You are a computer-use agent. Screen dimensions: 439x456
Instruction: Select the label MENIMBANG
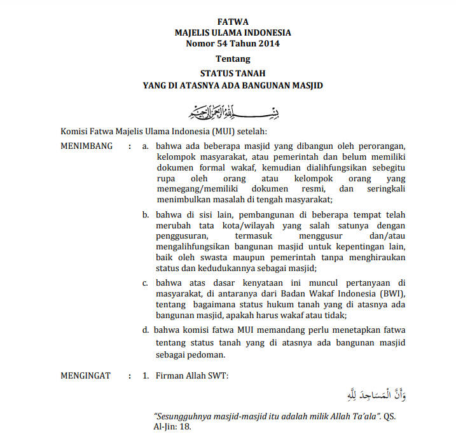[x=86, y=146]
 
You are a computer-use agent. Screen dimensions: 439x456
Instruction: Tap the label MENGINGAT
[x=85, y=375]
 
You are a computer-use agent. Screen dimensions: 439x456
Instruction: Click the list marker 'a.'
[x=146, y=146]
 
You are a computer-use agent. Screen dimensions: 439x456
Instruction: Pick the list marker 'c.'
[x=146, y=282]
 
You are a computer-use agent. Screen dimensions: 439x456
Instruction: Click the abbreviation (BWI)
[x=391, y=293]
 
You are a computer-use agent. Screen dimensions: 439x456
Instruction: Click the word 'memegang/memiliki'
[x=193, y=188]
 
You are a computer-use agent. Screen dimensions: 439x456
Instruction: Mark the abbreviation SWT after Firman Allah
[x=218, y=375]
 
